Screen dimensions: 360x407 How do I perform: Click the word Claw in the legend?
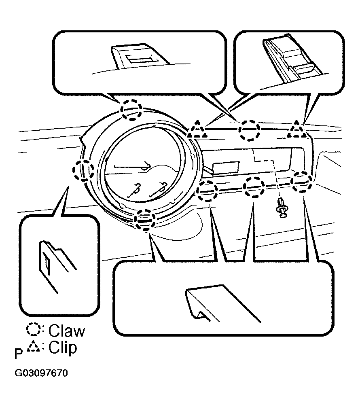(x=67, y=331)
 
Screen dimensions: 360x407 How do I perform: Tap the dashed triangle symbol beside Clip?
(x=34, y=347)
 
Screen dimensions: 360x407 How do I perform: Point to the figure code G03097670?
(x=41, y=373)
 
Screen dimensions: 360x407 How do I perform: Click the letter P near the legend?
(x=19, y=354)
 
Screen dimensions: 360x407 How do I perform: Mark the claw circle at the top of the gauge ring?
(x=132, y=110)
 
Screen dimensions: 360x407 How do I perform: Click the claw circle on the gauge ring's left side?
(x=83, y=170)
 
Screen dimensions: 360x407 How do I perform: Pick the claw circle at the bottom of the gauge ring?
(x=145, y=220)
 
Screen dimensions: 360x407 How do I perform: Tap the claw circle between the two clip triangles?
(x=249, y=130)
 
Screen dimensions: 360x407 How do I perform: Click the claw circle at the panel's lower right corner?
(x=301, y=182)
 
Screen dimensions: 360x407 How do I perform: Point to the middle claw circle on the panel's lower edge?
(x=254, y=187)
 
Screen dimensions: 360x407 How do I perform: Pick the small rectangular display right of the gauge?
(x=226, y=167)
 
